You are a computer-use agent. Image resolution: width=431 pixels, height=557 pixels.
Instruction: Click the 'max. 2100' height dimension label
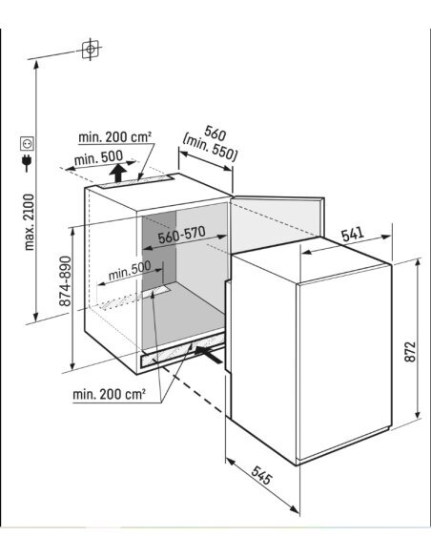click(30, 222)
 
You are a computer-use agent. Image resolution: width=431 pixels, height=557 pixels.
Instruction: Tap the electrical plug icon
click(27, 162)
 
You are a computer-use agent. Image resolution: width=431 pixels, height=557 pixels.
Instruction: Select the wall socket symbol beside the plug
click(27, 143)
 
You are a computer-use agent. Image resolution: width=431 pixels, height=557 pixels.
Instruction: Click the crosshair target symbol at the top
click(91, 49)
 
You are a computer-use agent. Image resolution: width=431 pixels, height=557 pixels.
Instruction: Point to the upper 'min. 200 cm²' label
click(114, 137)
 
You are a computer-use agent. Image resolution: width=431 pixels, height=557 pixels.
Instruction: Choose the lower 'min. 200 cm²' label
click(109, 394)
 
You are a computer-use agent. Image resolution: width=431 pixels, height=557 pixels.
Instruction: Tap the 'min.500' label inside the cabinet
click(130, 270)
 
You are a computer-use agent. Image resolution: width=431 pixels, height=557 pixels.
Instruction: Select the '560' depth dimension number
click(215, 134)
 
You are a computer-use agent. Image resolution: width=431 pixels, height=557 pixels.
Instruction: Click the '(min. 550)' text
click(210, 150)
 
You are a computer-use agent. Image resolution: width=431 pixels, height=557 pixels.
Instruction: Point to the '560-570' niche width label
click(182, 235)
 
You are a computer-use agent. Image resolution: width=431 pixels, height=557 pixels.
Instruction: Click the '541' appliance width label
click(353, 234)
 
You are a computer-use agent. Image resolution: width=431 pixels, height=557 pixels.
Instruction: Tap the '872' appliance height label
click(410, 352)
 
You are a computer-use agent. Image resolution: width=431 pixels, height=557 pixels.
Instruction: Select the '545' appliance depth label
click(261, 475)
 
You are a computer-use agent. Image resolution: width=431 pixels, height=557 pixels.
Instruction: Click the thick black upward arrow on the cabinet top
click(117, 173)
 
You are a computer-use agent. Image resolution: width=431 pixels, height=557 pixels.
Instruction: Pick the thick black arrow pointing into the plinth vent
click(209, 355)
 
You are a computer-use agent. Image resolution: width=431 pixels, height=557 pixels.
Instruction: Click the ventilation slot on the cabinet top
click(135, 181)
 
